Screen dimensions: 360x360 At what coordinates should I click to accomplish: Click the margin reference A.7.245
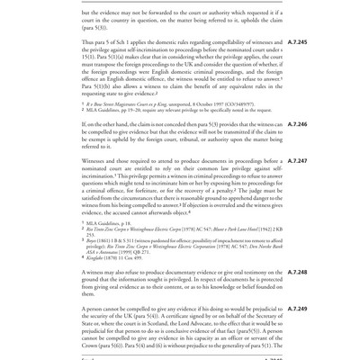point(297,42)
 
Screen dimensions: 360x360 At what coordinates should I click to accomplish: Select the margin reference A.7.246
point(297,124)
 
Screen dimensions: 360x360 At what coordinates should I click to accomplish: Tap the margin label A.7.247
point(297,162)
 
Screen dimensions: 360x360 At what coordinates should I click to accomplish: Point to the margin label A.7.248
point(297,271)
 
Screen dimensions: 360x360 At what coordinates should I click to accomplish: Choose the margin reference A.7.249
point(297,309)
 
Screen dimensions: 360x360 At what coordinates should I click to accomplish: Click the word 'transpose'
point(121,66)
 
